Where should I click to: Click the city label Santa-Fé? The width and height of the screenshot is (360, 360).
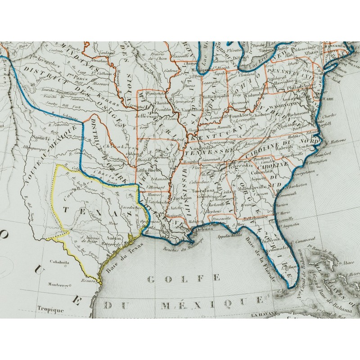[41, 138]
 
